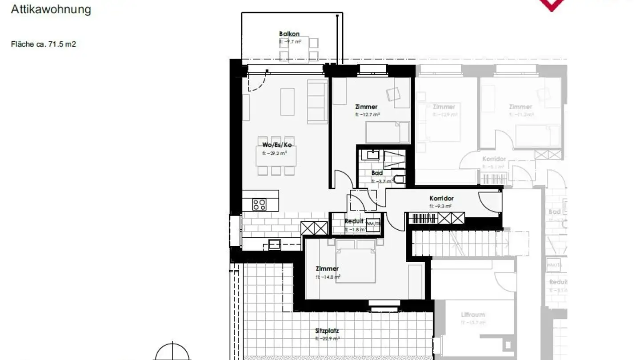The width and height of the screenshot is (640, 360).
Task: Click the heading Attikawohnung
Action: pos(51,9)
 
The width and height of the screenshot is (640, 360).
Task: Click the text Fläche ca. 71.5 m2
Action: pos(44,44)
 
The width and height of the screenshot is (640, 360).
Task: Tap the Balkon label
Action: pos(289,34)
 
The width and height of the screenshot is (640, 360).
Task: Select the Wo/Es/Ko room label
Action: pos(277,145)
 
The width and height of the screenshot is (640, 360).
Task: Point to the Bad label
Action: pos(377,173)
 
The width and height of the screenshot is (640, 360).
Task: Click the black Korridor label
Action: pos(441,198)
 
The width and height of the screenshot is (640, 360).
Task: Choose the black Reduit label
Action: pos(354,221)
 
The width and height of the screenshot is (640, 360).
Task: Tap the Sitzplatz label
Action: pos(327,331)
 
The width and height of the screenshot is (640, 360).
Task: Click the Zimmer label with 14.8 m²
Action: pos(327,268)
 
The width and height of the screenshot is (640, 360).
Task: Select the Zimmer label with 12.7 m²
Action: pos(366,107)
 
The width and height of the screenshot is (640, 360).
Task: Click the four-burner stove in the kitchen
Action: pos(260,204)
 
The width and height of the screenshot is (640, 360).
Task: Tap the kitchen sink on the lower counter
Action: pos(274,244)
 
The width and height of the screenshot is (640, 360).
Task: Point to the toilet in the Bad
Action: pos(400,179)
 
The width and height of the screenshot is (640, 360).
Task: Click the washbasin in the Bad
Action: pos(370,155)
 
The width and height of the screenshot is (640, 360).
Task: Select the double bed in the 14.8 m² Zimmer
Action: pos(356,262)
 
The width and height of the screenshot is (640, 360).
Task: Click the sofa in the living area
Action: pos(317,101)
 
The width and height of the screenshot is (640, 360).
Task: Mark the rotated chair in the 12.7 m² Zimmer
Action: pos(393,94)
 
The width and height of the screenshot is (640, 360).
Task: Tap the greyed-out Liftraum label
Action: pos(473,315)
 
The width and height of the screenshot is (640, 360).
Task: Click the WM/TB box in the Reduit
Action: pos(373,223)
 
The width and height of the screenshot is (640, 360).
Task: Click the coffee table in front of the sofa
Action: pos(287,101)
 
